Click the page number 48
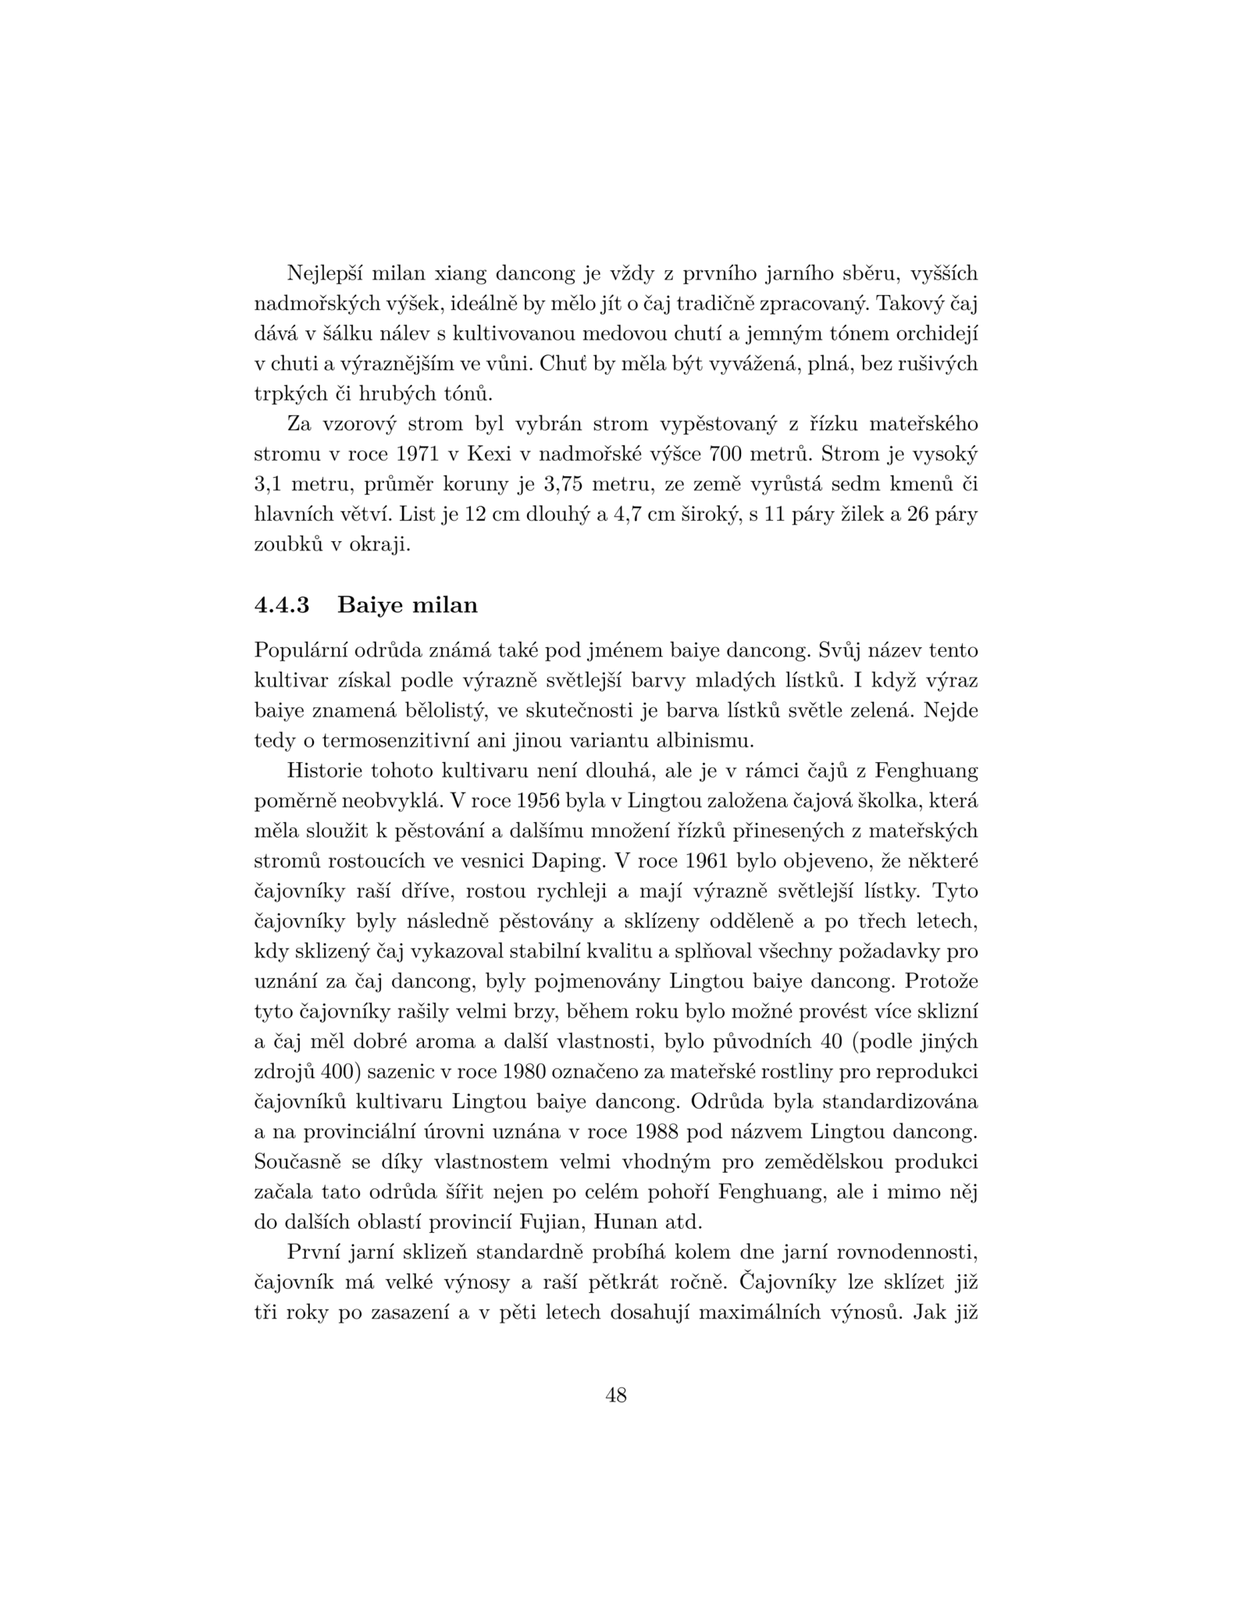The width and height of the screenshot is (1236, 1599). [616, 1395]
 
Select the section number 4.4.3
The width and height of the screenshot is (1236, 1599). [282, 605]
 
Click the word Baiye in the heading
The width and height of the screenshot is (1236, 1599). [371, 605]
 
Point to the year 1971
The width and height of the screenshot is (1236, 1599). [418, 454]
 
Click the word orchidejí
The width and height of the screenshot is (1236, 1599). [936, 334]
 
